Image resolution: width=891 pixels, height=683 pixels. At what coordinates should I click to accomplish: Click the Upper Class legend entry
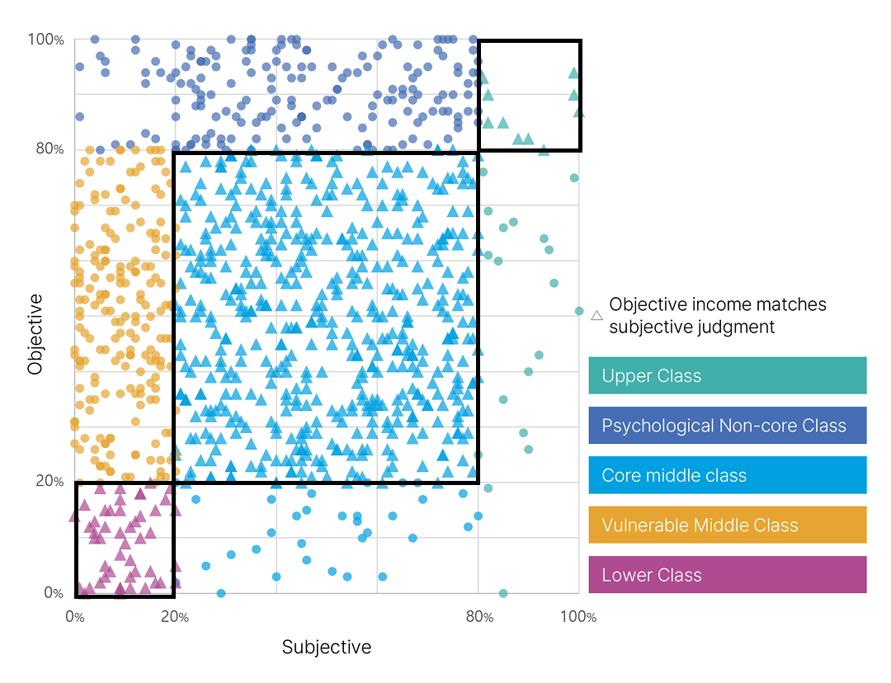[x=727, y=375]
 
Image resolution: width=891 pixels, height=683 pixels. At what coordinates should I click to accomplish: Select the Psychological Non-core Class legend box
[x=727, y=426]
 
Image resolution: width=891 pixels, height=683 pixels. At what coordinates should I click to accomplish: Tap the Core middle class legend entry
[x=727, y=475]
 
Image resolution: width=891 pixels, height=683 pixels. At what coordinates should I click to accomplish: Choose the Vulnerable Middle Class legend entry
[x=727, y=525]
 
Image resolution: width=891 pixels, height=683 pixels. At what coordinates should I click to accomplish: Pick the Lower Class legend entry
[x=727, y=575]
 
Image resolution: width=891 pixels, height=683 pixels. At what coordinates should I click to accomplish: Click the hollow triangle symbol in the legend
[x=597, y=315]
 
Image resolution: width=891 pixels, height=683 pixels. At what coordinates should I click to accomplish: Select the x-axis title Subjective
[x=327, y=647]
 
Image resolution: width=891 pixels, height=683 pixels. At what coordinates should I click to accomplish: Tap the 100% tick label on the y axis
[x=45, y=39]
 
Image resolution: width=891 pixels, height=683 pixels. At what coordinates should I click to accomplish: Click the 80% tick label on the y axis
[x=49, y=149]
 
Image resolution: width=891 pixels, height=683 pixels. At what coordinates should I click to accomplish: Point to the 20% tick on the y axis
[x=49, y=481]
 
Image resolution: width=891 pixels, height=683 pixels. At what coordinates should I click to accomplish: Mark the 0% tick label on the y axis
[x=53, y=593]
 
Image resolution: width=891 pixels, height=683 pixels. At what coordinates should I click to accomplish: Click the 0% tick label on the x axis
[x=74, y=617]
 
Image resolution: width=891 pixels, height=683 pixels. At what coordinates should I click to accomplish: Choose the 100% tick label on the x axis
[x=578, y=617]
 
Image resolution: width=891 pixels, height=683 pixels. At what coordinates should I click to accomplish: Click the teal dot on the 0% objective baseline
[x=503, y=593]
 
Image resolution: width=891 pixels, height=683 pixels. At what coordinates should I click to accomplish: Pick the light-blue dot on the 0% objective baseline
[x=221, y=593]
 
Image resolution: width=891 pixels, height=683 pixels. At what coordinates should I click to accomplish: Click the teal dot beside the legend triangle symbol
[x=579, y=311]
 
